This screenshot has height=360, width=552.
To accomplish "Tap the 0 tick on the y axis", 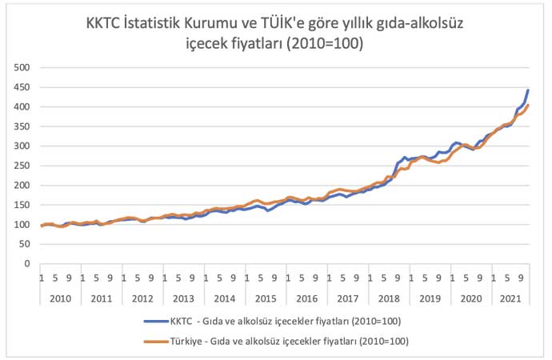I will [x=26, y=263].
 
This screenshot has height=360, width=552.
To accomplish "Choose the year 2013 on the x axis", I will [x=183, y=298].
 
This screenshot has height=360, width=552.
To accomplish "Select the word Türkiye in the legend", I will [x=187, y=340].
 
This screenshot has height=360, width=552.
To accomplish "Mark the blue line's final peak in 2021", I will [x=528, y=90].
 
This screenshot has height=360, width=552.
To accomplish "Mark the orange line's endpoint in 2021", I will [x=528, y=106].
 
